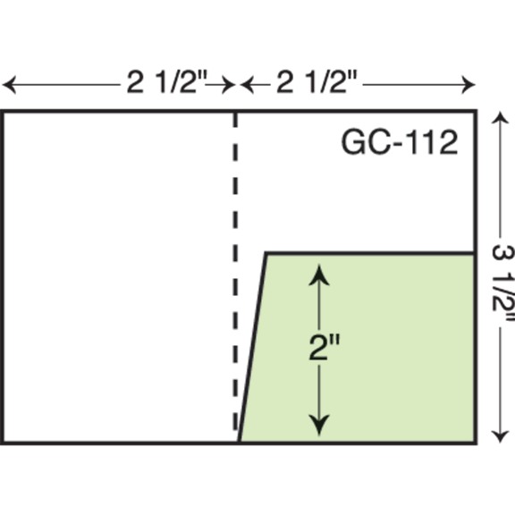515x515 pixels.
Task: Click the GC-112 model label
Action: tap(400, 142)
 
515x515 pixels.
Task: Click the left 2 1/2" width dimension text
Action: tap(167, 81)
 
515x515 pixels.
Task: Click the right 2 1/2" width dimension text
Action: tap(317, 81)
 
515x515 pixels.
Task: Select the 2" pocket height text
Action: tap(325, 347)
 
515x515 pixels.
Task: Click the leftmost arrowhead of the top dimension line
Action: tap(9, 85)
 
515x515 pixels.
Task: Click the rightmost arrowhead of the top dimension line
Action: tap(469, 85)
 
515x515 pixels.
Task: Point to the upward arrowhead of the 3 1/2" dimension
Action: tap(500, 118)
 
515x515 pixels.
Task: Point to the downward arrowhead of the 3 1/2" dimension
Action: tap(500, 436)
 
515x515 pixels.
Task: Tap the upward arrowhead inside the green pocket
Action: tap(319, 275)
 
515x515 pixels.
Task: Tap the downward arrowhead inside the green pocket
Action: tap(319, 426)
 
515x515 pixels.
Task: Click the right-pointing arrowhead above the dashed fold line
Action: tap(229, 85)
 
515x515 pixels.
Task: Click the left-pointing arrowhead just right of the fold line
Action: tap(247, 85)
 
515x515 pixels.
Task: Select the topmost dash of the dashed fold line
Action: tap(235, 120)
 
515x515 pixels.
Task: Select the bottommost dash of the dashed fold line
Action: tap(235, 421)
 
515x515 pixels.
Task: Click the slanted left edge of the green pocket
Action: tap(252, 348)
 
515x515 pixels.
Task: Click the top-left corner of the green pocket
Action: tap(266, 253)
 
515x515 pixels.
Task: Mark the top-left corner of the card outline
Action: tap(2, 111)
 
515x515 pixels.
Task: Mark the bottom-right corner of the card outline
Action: tap(476, 443)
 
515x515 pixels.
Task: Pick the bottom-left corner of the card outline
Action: tap(2, 443)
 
